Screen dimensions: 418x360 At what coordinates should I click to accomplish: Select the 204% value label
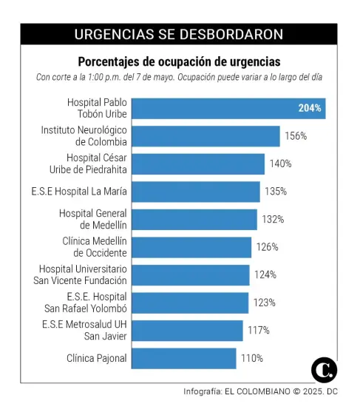[310, 109]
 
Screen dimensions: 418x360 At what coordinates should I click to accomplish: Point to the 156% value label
[296, 136]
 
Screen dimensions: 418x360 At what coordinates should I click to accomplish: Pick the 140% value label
[280, 164]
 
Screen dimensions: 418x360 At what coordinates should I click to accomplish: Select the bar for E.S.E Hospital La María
[196, 192]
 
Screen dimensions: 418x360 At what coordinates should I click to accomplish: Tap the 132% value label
[272, 220]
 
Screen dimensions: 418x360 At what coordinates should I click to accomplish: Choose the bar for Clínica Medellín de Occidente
[191, 247]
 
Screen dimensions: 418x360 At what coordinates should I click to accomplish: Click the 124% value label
[265, 275]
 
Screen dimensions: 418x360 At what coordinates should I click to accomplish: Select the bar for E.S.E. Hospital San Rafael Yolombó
[190, 303]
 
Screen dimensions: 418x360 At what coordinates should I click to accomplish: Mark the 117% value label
[259, 331]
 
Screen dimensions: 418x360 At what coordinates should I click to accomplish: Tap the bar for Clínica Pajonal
[184, 359]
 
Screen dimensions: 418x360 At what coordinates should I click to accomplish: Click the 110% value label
[251, 359]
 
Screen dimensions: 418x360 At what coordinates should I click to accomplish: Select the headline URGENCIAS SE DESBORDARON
[179, 35]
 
